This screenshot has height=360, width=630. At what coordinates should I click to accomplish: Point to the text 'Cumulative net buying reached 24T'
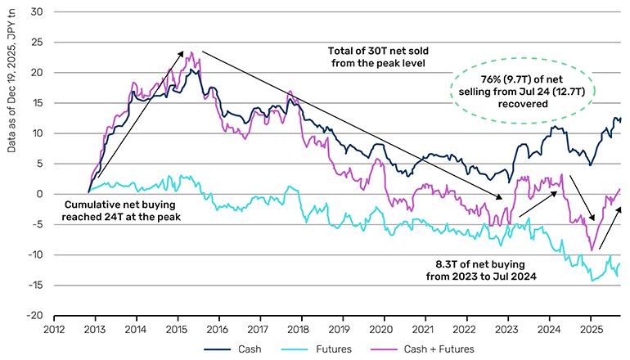coord(127,210)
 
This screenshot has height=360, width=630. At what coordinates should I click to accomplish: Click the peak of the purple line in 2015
coord(191,53)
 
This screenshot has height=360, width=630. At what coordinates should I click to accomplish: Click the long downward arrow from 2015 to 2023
coord(352,124)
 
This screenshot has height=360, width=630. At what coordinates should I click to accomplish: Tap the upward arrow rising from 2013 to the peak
coord(139,114)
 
